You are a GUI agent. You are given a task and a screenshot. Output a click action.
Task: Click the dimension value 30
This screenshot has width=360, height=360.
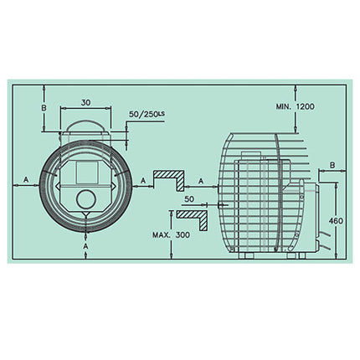85,102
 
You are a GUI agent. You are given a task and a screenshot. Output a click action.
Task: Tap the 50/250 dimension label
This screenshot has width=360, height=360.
143,115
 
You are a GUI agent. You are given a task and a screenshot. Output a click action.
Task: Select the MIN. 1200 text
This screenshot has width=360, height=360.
296,106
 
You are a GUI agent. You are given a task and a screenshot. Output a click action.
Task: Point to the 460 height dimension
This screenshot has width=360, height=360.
336,221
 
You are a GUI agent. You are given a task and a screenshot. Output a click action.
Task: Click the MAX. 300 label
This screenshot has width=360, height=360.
171,234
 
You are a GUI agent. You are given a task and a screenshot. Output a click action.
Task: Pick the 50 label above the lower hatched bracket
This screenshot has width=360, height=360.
189,199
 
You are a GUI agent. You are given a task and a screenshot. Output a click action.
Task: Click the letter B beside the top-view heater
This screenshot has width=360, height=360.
44,108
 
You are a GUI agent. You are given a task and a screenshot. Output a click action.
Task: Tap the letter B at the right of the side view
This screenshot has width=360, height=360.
332,165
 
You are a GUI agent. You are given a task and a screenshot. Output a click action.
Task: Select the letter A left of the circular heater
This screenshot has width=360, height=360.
26,179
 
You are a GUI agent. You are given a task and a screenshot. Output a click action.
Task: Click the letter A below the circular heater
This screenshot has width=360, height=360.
86,246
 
